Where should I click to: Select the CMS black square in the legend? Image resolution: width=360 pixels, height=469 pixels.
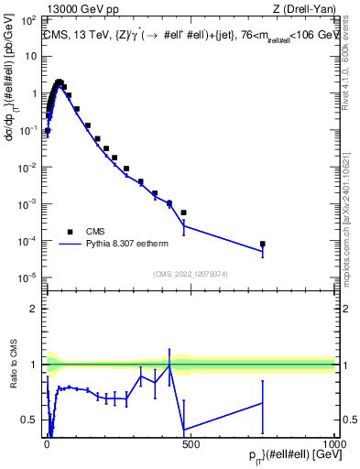70,232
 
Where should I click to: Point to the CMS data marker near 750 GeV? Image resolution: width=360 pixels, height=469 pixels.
263,244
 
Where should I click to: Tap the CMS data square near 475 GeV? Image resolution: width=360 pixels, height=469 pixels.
184,213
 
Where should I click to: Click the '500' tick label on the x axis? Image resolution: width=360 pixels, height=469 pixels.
191,442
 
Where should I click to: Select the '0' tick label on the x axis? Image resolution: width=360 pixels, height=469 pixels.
47,442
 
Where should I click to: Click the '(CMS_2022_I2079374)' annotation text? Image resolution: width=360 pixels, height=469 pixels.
190,272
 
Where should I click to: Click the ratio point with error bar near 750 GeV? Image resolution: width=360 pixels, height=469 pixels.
263,403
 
